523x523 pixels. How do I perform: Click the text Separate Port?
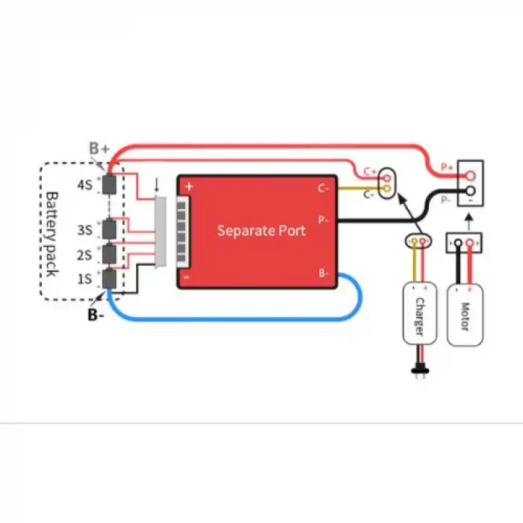click(x=261, y=230)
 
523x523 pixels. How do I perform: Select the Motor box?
click(x=464, y=313)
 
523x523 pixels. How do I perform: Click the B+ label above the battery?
click(x=99, y=149)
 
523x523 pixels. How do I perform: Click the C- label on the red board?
click(x=323, y=188)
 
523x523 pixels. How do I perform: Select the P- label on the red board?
click(x=323, y=220)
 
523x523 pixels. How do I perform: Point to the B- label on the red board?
click(x=323, y=273)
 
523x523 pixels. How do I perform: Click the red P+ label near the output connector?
click(x=447, y=168)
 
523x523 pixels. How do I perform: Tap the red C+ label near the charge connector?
click(x=371, y=171)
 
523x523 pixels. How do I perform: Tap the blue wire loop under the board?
click(x=239, y=319)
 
